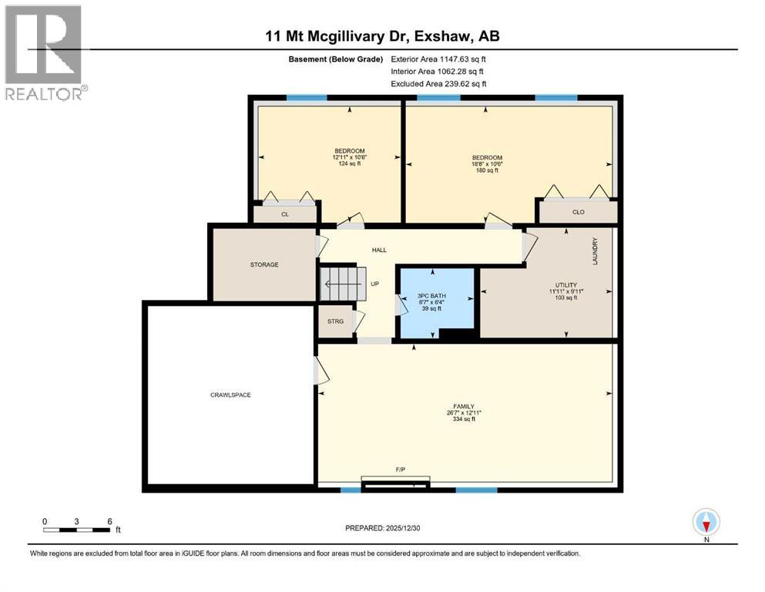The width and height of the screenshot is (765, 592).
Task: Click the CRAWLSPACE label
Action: coord(230,395)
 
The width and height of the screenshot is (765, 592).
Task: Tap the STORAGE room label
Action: coord(263,264)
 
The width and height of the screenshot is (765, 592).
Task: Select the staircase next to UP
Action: coord(341,284)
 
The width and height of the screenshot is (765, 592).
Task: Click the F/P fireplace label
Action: coord(401,469)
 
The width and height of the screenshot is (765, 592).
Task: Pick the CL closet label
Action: coord(284,214)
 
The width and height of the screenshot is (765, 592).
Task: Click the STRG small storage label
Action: coord(334,321)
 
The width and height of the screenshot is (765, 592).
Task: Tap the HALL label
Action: coord(379,250)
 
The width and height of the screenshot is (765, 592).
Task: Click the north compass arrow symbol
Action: coord(706,523)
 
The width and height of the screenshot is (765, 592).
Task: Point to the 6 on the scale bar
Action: coord(109,520)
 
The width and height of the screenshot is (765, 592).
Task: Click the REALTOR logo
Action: coord(44,54)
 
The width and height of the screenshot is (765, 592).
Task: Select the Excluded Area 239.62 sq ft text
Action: coord(438,83)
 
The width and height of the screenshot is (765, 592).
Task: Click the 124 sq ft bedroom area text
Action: coord(349,163)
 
